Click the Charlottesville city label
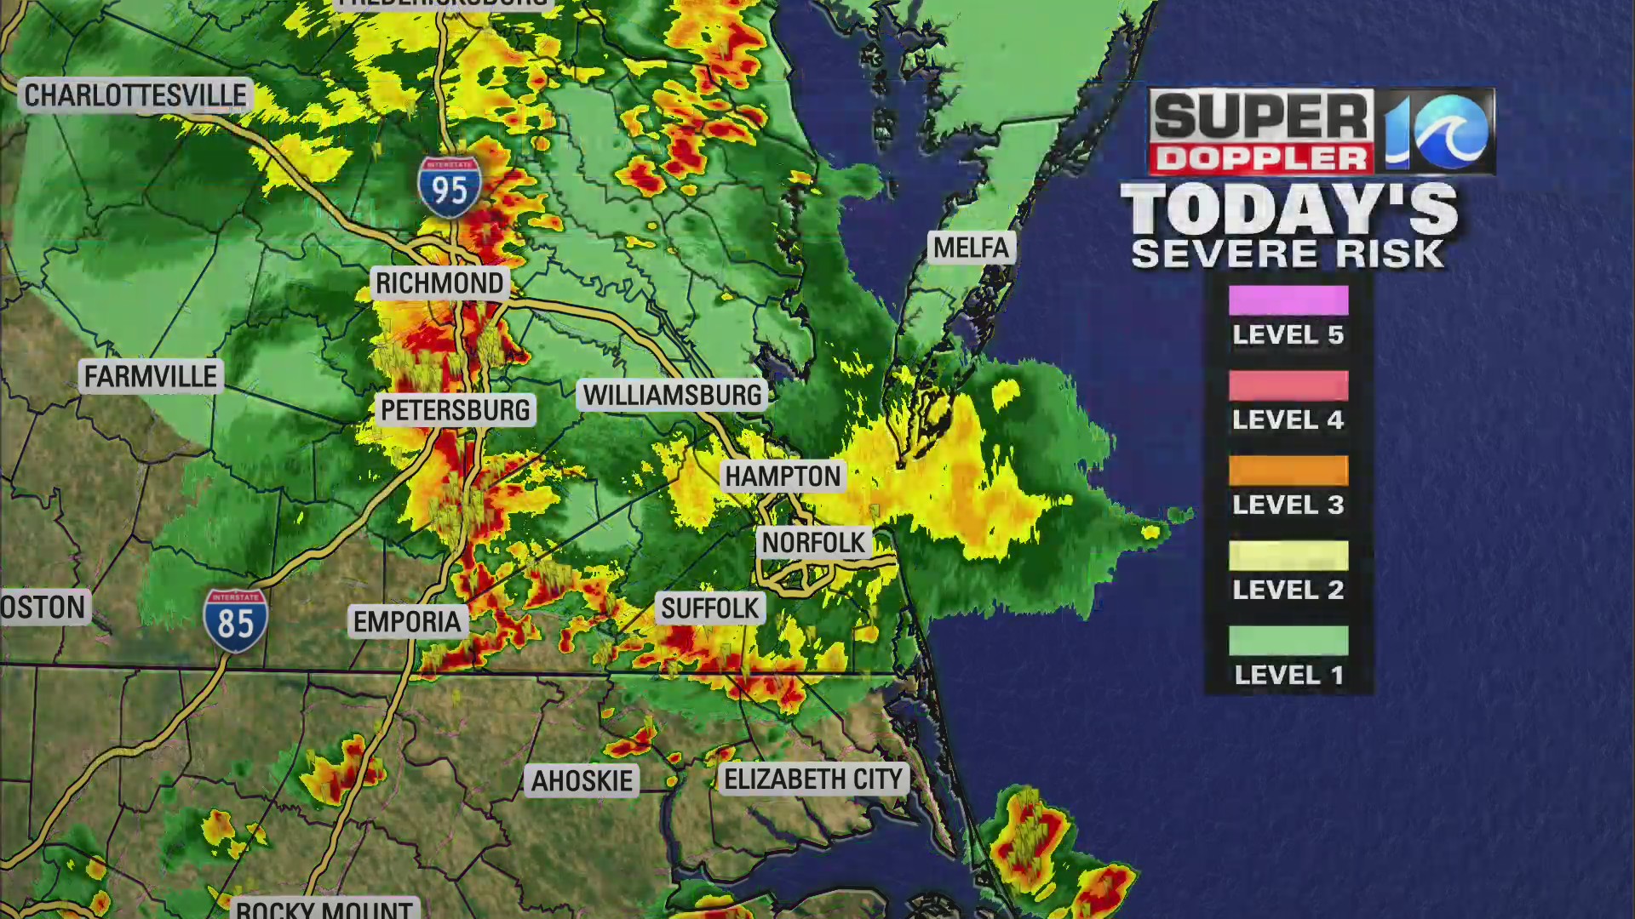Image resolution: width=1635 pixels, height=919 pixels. [x=135, y=95]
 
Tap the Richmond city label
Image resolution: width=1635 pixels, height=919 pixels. [x=439, y=283]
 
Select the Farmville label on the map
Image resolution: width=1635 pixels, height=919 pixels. [x=151, y=376]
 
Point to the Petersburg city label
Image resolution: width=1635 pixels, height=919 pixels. [x=455, y=410]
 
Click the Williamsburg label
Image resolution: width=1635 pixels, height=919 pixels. [x=672, y=395]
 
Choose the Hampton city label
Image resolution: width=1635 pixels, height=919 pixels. [x=783, y=477]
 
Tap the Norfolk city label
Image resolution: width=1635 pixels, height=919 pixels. [x=813, y=542]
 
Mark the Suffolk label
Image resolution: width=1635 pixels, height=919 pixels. [x=709, y=608]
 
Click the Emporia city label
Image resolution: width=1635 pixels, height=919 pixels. [x=407, y=622]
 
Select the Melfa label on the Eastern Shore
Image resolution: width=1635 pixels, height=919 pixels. [x=971, y=248]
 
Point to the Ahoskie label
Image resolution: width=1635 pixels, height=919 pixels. [x=582, y=780]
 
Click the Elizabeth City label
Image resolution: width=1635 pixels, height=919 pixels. [x=813, y=779]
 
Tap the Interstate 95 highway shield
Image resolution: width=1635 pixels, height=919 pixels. [x=450, y=186]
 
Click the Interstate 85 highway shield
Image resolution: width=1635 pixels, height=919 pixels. [x=236, y=620]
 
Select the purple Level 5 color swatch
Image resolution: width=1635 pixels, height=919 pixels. [x=1288, y=300]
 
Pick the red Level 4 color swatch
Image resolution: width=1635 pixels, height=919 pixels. [x=1288, y=385]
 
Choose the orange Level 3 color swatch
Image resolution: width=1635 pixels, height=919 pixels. [x=1288, y=471]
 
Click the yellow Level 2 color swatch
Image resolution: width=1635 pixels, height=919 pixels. [x=1288, y=556]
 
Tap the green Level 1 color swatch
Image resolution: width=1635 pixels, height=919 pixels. [x=1288, y=641]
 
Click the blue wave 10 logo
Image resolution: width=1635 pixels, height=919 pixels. [x=1436, y=132]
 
